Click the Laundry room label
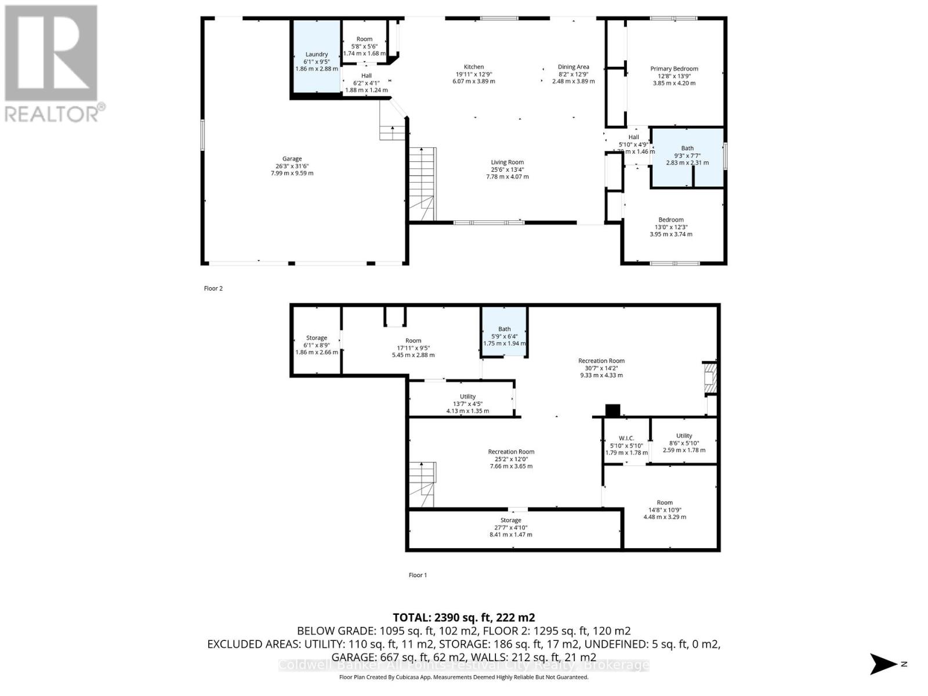[x=316, y=55]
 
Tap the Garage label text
[x=292, y=159]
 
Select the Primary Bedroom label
[x=674, y=69]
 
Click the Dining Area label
[x=573, y=67]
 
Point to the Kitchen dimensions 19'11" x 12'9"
[x=473, y=74]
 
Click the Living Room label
[x=507, y=163]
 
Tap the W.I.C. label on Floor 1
[x=626, y=438]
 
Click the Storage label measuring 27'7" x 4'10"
[x=510, y=520]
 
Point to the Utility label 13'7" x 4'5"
[x=467, y=397]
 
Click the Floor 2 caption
[x=213, y=288]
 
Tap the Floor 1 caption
[x=418, y=575]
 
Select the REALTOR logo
[x=52, y=64]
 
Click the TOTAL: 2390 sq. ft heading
[x=463, y=617]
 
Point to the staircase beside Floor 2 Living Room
[x=422, y=184]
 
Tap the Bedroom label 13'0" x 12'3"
[x=670, y=220]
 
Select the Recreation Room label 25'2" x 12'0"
[x=510, y=452]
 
